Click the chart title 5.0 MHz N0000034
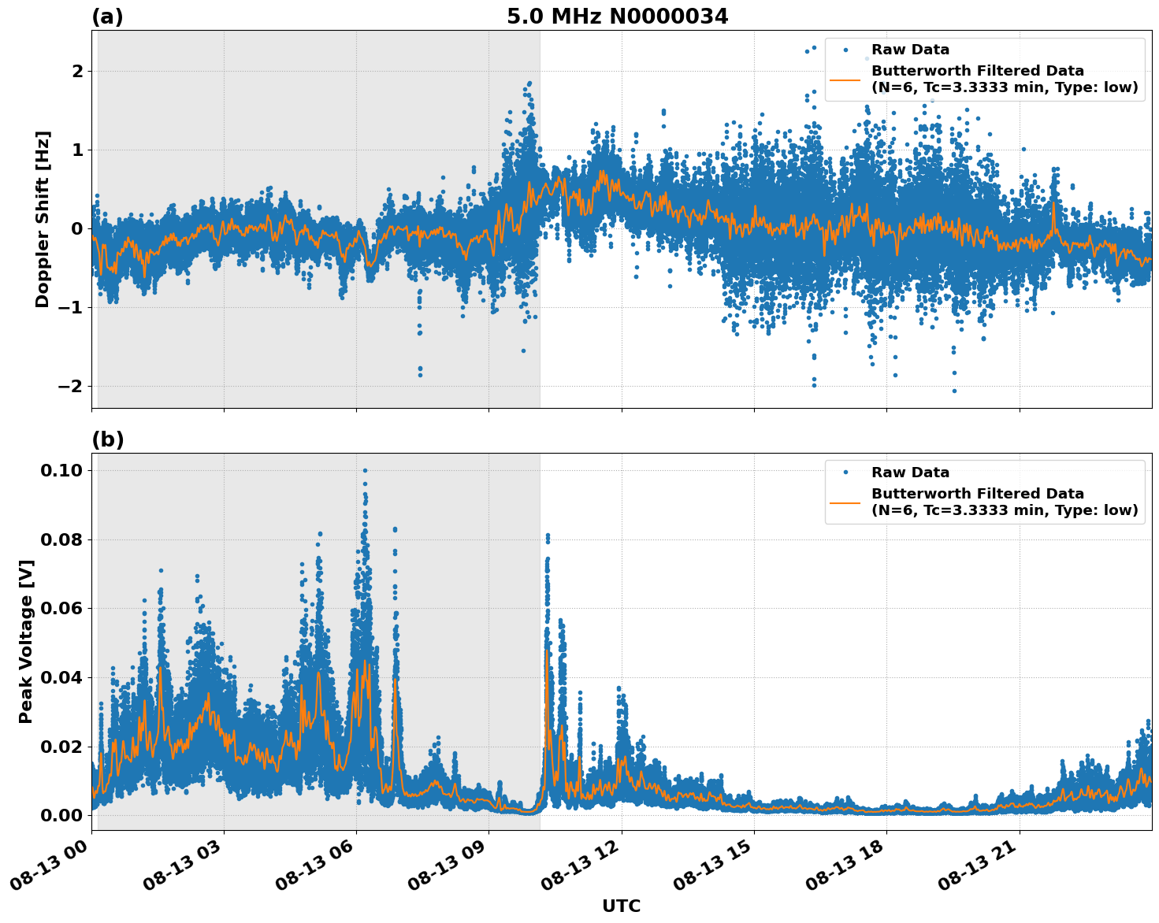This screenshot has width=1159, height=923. click(x=617, y=17)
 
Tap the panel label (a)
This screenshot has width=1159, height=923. click(x=107, y=17)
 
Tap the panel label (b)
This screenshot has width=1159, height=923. click(x=107, y=439)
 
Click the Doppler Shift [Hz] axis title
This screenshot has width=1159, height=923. click(x=43, y=219)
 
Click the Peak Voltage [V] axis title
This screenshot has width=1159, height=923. click(x=26, y=641)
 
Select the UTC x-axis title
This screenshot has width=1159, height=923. click(x=621, y=906)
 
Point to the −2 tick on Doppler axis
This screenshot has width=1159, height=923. click(x=69, y=386)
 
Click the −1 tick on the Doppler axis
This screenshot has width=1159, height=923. click(x=69, y=307)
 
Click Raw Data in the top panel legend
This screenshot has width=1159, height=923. click(x=910, y=50)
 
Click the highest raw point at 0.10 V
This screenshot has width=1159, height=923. click(x=365, y=470)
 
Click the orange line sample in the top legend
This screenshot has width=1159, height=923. click(x=845, y=79)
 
